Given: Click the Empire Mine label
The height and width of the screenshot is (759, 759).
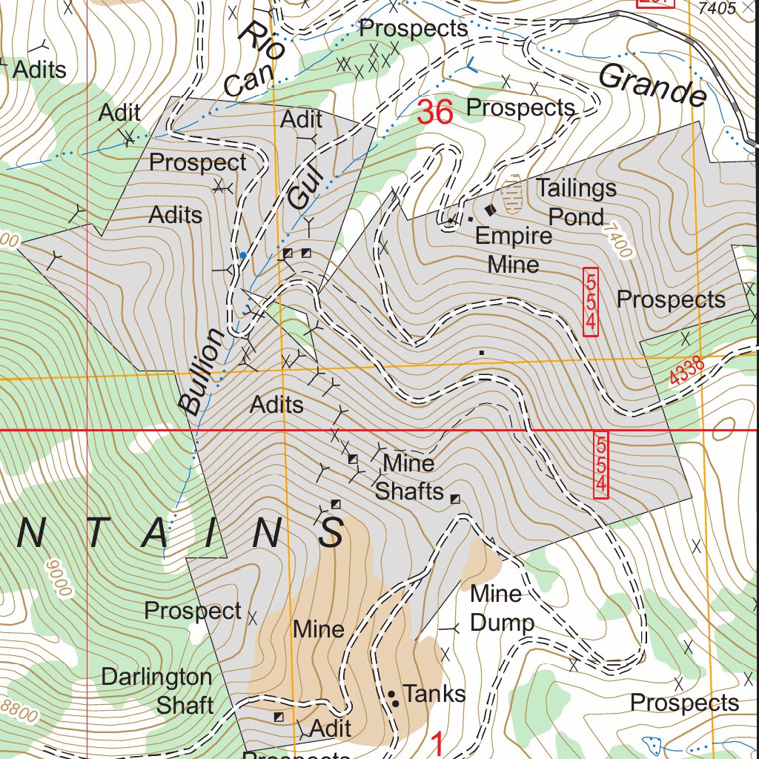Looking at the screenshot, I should pyautogui.click(x=514, y=249).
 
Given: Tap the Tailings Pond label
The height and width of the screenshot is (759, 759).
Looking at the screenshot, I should pyautogui.click(x=576, y=202).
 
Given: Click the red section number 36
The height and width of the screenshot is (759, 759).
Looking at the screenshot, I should pyautogui.click(x=434, y=112).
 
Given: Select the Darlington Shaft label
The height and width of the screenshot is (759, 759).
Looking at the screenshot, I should pyautogui.click(x=157, y=691).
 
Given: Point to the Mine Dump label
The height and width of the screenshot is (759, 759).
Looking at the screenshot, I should pyautogui.click(x=502, y=608).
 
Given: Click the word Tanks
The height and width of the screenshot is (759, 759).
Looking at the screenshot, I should pyautogui.click(x=434, y=695).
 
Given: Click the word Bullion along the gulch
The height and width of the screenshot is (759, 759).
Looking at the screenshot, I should pyautogui.click(x=202, y=371).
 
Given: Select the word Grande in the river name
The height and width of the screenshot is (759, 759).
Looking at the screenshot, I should pyautogui.click(x=652, y=84).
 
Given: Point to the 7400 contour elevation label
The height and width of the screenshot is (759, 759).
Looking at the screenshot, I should pyautogui.click(x=619, y=239).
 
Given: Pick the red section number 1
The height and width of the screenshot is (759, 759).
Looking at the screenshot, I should pyautogui.click(x=438, y=743).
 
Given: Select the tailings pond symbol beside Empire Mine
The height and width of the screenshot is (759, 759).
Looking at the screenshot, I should pyautogui.click(x=512, y=194).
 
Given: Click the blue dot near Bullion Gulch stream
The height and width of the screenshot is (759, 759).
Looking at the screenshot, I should pyautogui.click(x=242, y=255).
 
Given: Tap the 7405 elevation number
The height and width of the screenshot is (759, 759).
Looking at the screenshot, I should pyautogui.click(x=717, y=8).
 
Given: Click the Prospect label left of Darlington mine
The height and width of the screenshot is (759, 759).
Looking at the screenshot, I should pyautogui.click(x=193, y=611).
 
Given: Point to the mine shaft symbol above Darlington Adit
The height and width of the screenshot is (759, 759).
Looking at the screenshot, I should pyautogui.click(x=279, y=717).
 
